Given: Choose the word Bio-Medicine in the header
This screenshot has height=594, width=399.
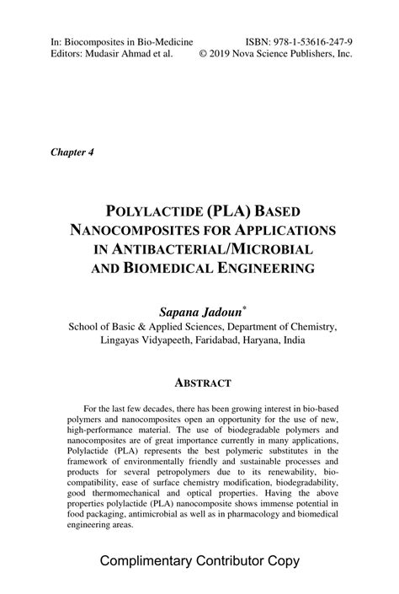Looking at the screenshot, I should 163,40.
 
